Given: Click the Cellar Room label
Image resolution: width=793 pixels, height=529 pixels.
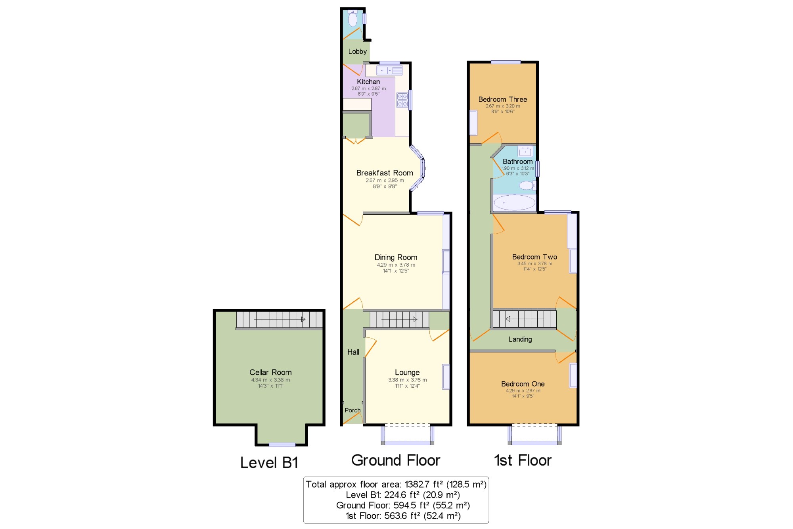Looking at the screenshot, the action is tap(270, 372).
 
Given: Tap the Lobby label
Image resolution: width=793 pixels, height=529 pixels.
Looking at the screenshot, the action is tap(357, 52).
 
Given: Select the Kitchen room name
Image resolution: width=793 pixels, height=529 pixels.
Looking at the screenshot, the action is tap(368, 82).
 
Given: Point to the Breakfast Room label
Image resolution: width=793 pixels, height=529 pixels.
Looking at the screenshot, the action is tap(385, 173).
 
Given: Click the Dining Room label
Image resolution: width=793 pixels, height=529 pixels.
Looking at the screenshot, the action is tap(396, 258).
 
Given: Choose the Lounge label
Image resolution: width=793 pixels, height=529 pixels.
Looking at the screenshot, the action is tap(407, 373).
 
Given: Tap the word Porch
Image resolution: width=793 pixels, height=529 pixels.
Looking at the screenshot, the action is tap(352, 410).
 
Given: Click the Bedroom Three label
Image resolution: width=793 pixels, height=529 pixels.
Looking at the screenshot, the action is tap(503, 100).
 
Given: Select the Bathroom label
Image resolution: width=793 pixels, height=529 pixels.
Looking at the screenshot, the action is tap(518, 162).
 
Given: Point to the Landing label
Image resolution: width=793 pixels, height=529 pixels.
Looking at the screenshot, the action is tap(520, 339).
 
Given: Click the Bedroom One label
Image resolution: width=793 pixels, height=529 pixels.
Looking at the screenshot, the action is tap(523, 384).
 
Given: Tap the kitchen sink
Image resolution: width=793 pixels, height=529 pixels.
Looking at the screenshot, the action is tap(389, 70).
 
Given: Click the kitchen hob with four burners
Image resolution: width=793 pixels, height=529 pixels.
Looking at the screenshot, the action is tap(402, 100).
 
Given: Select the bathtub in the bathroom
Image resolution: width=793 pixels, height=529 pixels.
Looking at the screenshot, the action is tap(514, 202).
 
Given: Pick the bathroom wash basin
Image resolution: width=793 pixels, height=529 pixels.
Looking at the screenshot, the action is tap(525, 152).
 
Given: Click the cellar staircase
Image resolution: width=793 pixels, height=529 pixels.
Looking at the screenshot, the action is tap(279, 320).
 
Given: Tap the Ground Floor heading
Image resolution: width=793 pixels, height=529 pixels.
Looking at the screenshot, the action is tap(396, 460).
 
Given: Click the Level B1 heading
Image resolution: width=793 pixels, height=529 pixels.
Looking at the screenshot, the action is tap(269, 463).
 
